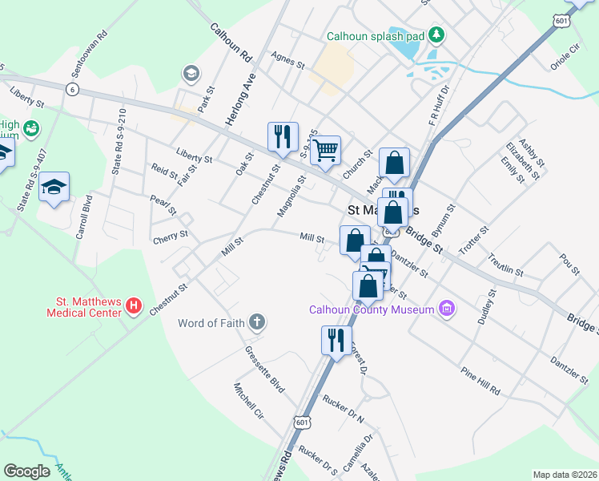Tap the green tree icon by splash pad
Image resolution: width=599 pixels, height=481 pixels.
(436, 35)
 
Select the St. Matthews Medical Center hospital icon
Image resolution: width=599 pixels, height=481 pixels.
(134, 306)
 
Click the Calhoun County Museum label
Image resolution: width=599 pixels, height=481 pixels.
(372, 309)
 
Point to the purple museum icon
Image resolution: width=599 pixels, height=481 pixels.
(447, 309)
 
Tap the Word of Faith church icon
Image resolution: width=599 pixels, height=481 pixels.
(256, 324)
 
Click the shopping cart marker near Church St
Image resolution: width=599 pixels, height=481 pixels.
(325, 149)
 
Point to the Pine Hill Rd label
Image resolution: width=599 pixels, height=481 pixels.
(480, 380)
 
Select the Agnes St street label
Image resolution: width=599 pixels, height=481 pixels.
(288, 60)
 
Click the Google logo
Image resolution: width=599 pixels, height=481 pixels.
(27, 471)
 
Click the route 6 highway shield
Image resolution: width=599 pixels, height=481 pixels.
(73, 88)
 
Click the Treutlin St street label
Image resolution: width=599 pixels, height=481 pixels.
(505, 264)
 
